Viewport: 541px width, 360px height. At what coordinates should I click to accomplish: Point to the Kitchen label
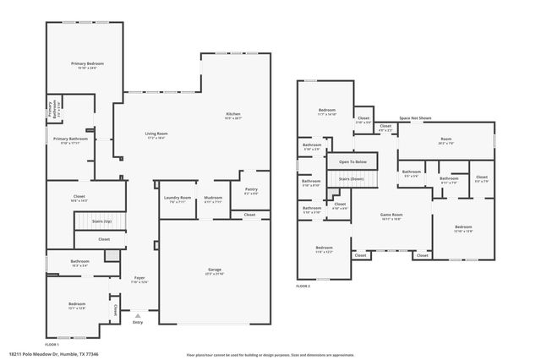[x=232, y=116]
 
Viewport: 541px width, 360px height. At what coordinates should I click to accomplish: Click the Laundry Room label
[x=178, y=199]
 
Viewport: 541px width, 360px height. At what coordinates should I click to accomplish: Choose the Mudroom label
[x=212, y=199]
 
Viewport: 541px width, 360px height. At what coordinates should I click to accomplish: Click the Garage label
[x=215, y=270]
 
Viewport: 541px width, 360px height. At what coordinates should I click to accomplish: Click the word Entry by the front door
[x=138, y=321]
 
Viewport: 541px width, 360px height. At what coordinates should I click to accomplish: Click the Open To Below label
[x=352, y=161]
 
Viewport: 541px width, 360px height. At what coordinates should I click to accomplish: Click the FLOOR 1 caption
[x=52, y=345]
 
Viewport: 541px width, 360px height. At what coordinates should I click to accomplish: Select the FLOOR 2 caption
[x=303, y=287]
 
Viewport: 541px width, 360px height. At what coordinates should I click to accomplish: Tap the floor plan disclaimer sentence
[x=270, y=354]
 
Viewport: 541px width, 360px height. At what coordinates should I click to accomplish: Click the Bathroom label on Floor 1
[x=80, y=262]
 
